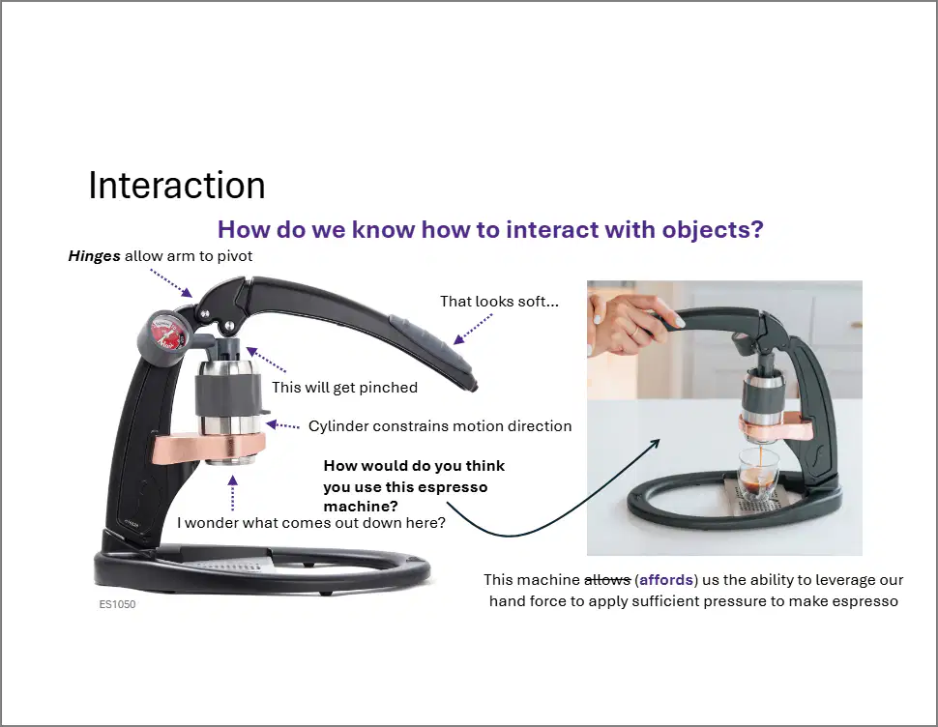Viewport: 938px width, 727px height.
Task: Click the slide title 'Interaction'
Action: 176,186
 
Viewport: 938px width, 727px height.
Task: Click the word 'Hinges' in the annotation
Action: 95,256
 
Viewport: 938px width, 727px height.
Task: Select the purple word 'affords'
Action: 666,580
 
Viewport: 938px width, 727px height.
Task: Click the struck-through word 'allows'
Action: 607,580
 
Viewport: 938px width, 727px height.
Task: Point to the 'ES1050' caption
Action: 117,604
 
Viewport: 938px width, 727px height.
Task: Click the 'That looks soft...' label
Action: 500,302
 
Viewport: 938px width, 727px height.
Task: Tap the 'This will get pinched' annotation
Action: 344,388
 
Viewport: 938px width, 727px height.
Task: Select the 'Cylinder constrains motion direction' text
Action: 440,426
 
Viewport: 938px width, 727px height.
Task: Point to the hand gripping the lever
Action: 625,324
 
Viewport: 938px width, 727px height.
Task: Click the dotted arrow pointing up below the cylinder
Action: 233,493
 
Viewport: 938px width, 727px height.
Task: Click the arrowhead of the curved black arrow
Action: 656,443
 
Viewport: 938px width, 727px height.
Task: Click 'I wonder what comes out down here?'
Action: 311,523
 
